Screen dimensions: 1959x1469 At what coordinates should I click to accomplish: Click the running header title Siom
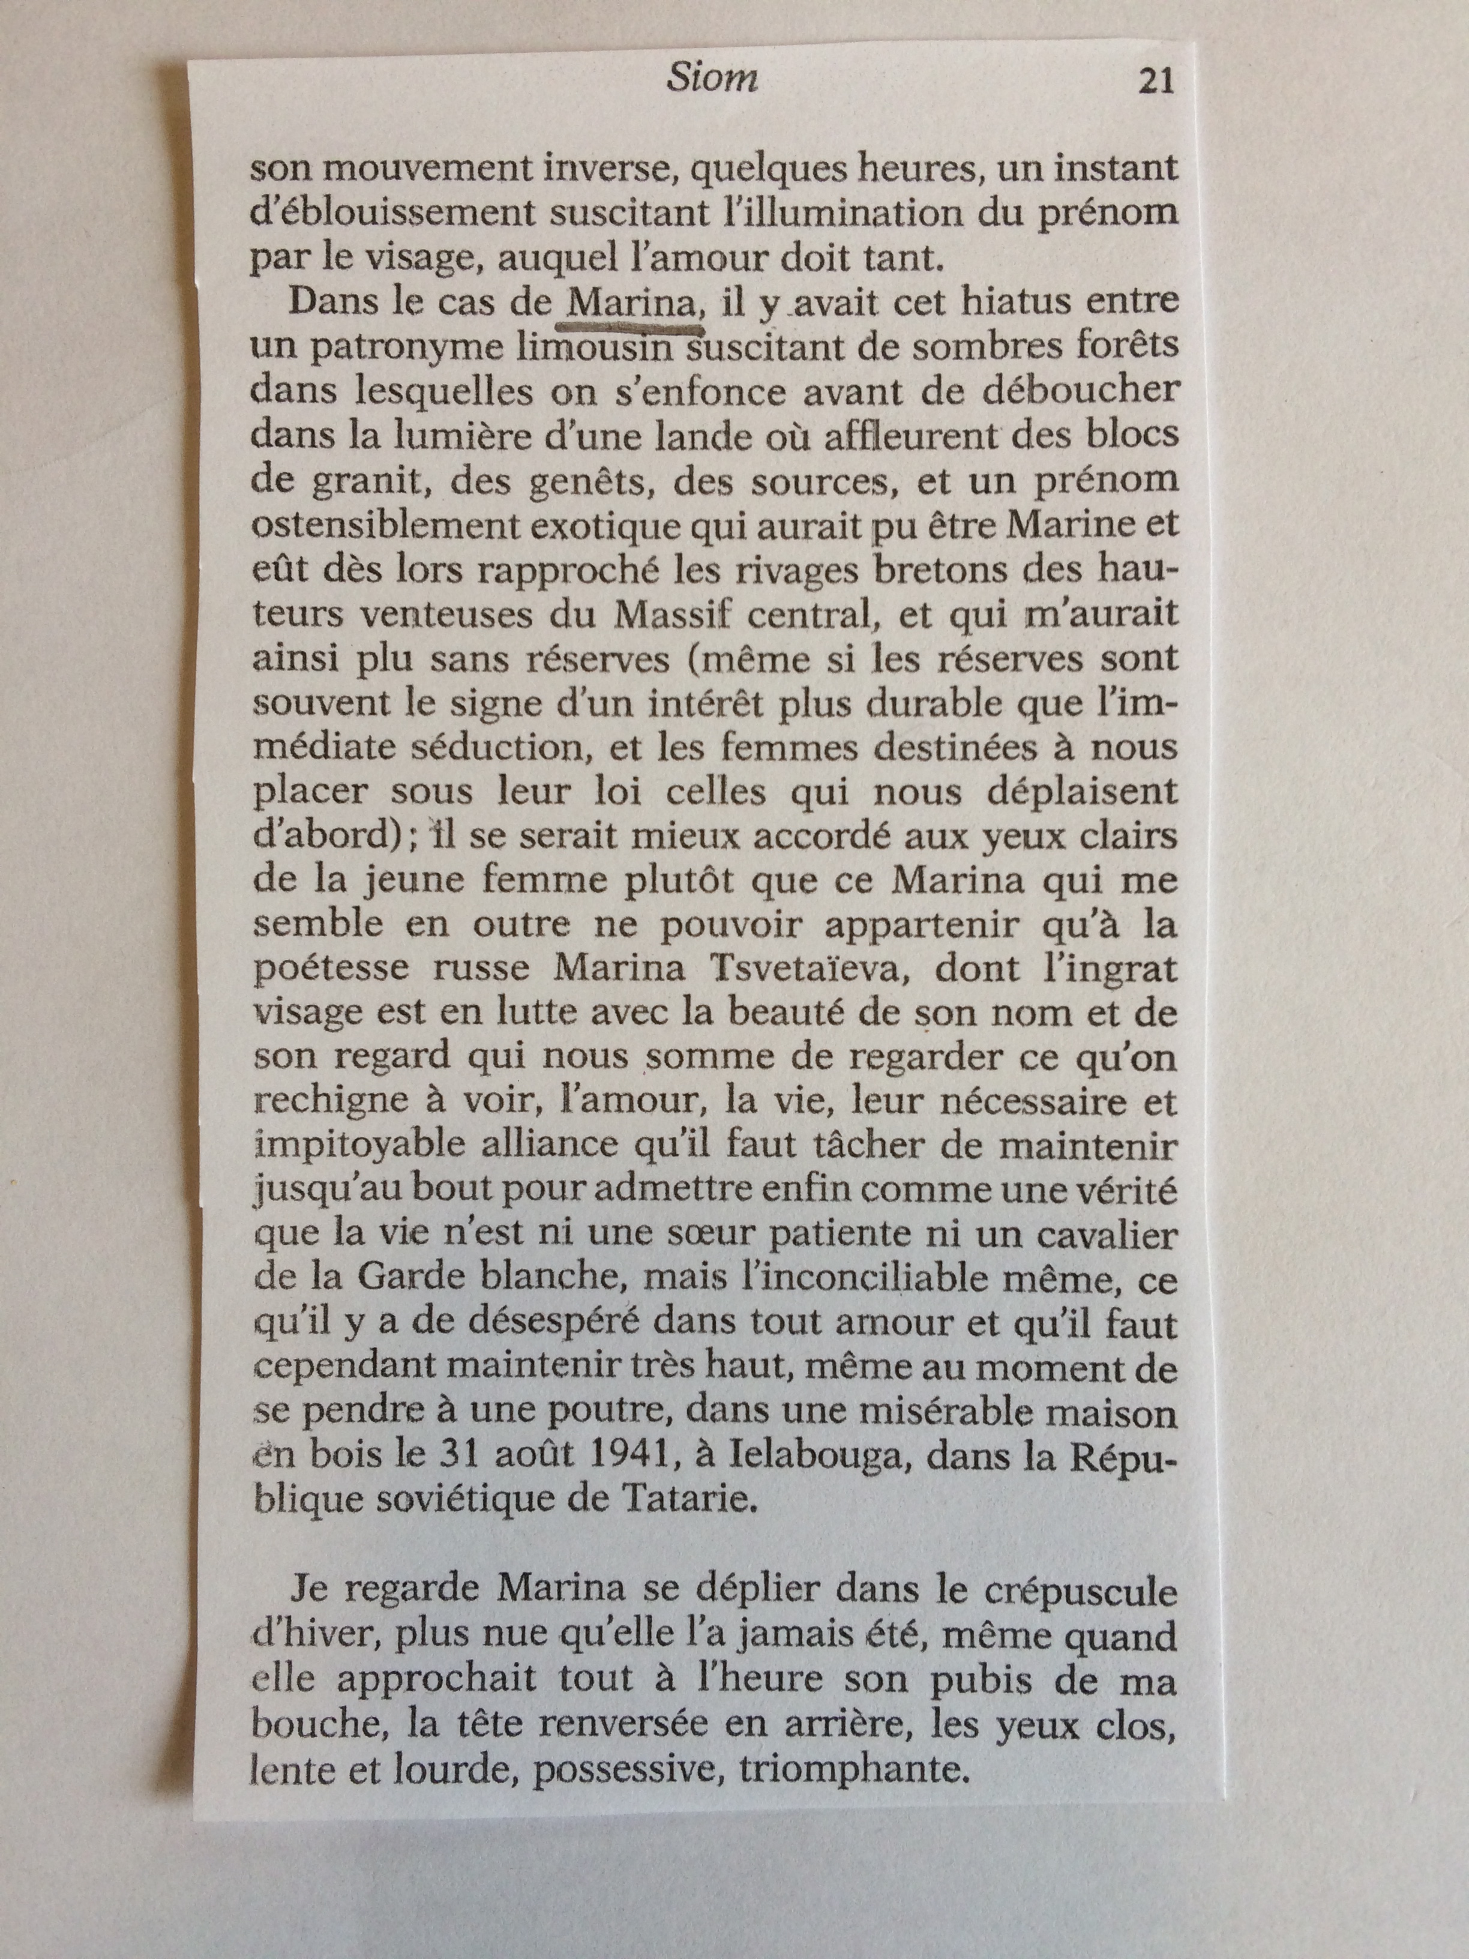pos(711,80)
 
